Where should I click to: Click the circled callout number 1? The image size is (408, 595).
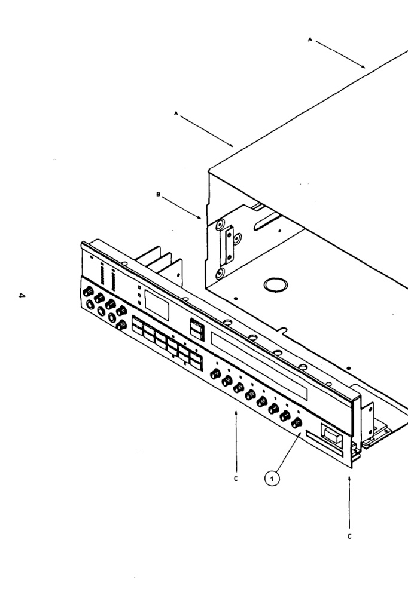pyautogui.click(x=272, y=478)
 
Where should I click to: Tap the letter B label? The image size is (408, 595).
pyautogui.click(x=159, y=195)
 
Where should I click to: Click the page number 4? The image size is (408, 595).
pyautogui.click(x=22, y=295)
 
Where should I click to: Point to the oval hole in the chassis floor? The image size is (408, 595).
pyautogui.click(x=276, y=284)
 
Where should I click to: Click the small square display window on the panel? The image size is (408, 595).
pyautogui.click(x=157, y=306)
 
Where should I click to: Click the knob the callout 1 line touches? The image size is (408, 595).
pyautogui.click(x=297, y=422)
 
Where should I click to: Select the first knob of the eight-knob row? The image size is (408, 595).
pyautogui.click(x=215, y=374)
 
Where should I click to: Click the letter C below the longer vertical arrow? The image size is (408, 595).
pyautogui.click(x=349, y=536)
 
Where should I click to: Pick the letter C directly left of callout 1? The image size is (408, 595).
pyautogui.click(x=236, y=479)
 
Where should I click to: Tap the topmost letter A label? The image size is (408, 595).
pyautogui.click(x=310, y=39)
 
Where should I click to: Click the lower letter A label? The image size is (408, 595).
pyautogui.click(x=175, y=113)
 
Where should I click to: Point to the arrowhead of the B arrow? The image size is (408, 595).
pyautogui.click(x=200, y=218)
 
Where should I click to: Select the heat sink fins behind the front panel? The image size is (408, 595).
pyautogui.click(x=160, y=260)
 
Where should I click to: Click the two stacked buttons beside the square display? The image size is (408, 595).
pyautogui.click(x=196, y=328)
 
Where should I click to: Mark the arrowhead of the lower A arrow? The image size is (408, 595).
pyautogui.click(x=232, y=145)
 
